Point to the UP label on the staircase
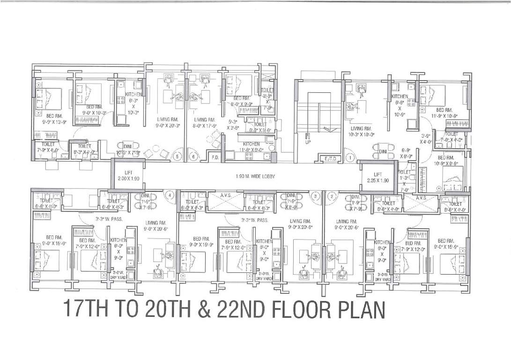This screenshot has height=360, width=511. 308,142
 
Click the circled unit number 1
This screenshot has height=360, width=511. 349,158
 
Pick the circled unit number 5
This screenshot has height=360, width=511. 177,157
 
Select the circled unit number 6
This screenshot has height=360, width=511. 193,157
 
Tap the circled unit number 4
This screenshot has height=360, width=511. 170,195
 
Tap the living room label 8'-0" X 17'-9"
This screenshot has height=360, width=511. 204,122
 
